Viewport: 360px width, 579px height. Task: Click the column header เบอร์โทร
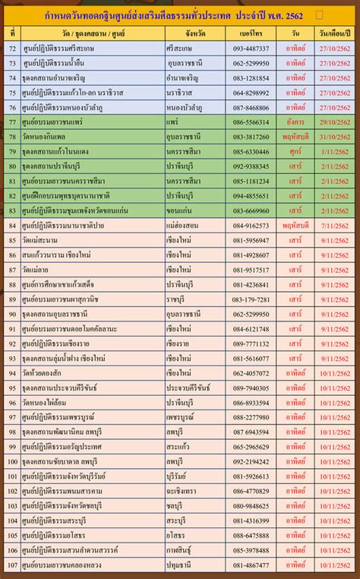click(x=250, y=34)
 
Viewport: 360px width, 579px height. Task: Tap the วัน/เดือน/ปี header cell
click(x=336, y=34)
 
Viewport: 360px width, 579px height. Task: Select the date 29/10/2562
click(x=336, y=122)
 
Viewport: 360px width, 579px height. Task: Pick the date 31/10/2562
click(x=336, y=137)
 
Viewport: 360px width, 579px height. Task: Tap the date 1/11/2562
click(x=336, y=151)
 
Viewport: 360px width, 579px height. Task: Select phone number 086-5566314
click(x=251, y=122)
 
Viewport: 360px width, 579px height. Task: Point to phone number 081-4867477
click(x=251, y=565)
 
